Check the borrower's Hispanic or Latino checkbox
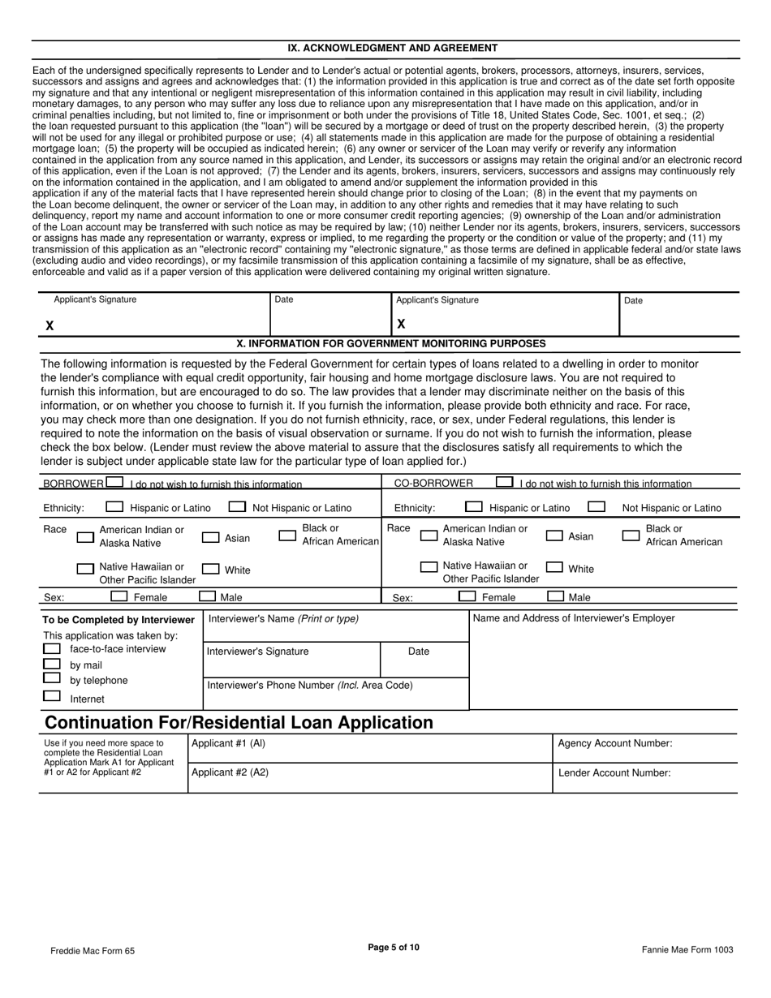tap(115, 507)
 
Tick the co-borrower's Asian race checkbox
tap(555, 536)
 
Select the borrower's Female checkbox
tap(119, 596)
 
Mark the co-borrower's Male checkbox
tap(556, 596)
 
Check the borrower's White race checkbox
tap(210, 570)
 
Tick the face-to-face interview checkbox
tap(52, 649)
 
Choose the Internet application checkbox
tap(52, 696)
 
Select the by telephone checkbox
tap(52, 678)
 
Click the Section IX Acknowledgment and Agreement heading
tap(393, 48)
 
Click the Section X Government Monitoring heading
tap(391, 343)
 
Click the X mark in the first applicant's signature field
tap(50, 325)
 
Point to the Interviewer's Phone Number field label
tap(310, 686)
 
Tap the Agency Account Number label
tap(615, 743)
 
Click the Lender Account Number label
tap(614, 773)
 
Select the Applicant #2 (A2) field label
tap(230, 773)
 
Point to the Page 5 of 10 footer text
tap(394, 947)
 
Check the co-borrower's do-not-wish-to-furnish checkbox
tap(504, 482)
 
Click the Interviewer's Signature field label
tap(258, 652)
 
